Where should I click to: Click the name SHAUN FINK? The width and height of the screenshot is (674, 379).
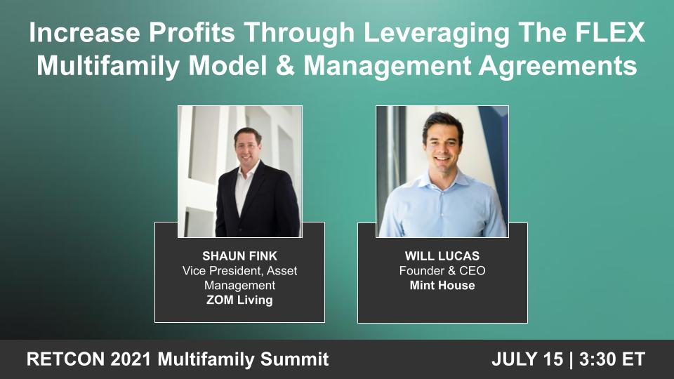(239, 256)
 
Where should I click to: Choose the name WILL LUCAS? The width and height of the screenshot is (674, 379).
(442, 256)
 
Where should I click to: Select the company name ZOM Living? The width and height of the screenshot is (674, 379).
(239, 300)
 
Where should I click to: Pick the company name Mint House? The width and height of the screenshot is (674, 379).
(442, 286)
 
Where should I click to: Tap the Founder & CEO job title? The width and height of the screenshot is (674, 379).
(442, 271)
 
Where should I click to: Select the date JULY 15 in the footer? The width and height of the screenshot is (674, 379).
(527, 359)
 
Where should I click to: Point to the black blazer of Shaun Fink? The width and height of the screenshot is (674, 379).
(270, 204)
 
